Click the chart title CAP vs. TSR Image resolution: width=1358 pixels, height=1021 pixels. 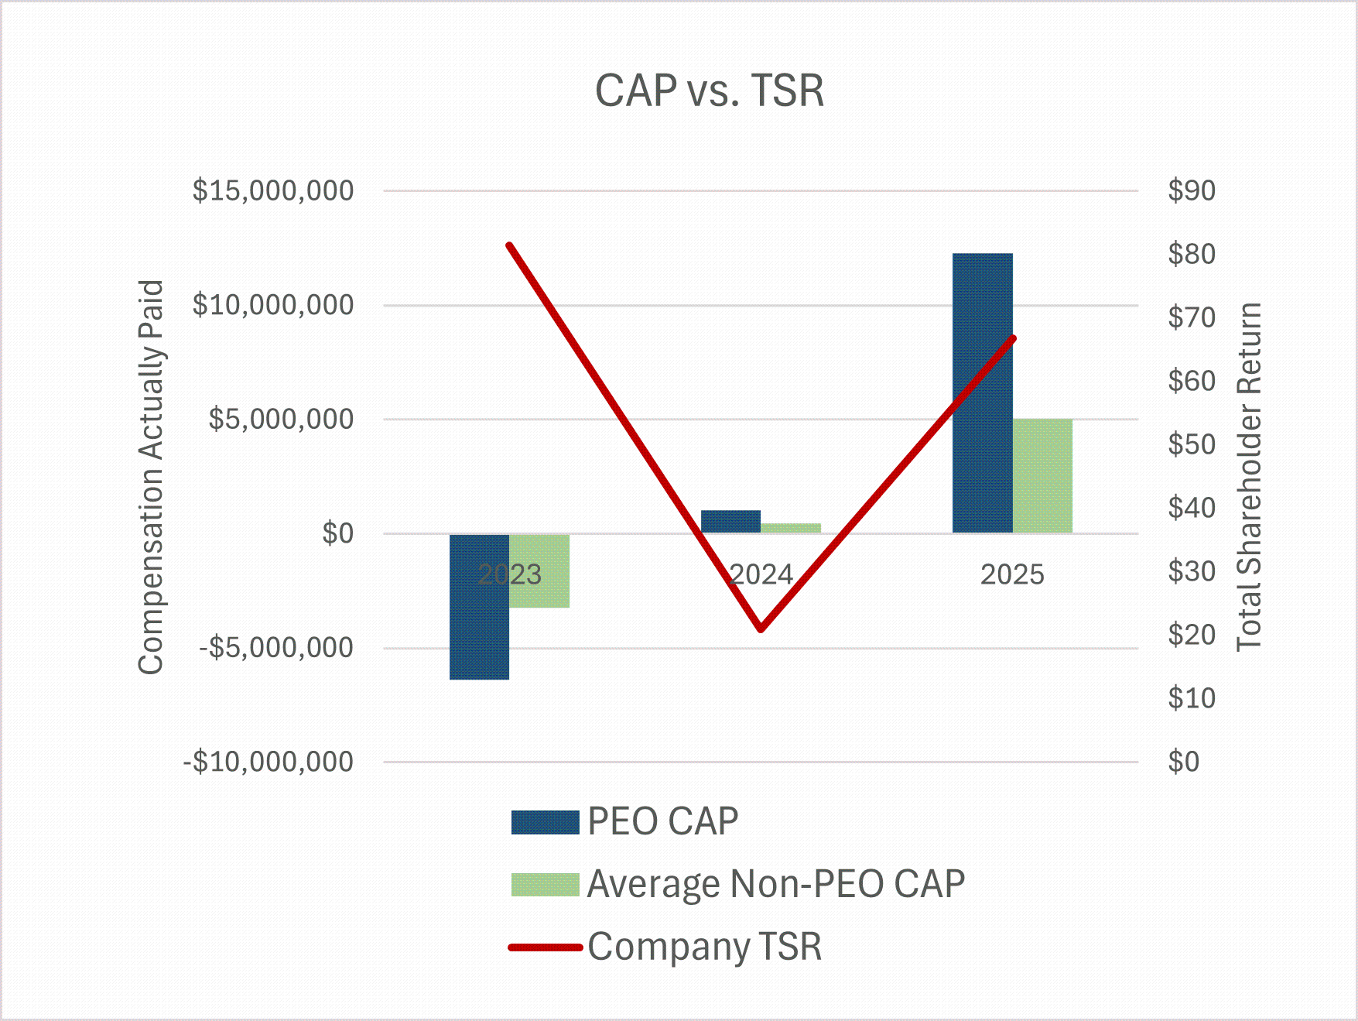coord(709,91)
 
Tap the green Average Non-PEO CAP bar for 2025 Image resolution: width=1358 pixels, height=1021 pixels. coord(1042,475)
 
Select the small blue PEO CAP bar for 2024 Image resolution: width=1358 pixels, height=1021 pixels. coord(730,521)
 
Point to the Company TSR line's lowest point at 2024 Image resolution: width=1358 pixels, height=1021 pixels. coord(761,629)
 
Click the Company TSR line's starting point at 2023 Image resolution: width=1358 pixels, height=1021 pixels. coord(509,245)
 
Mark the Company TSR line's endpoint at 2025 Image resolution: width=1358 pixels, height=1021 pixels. coord(1013,338)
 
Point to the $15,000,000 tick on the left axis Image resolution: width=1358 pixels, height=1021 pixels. coord(273,190)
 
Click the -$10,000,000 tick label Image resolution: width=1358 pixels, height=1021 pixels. coord(268,762)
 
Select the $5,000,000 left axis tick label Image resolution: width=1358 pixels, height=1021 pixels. coord(281,419)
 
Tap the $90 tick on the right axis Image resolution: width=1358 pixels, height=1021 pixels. coord(1192,190)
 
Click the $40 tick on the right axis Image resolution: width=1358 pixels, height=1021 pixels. coord(1192,508)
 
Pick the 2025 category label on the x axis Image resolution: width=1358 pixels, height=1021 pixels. coord(1012,574)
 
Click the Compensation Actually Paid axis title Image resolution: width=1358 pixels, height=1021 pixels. coord(151,476)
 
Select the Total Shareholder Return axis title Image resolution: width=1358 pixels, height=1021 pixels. coord(1249,476)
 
